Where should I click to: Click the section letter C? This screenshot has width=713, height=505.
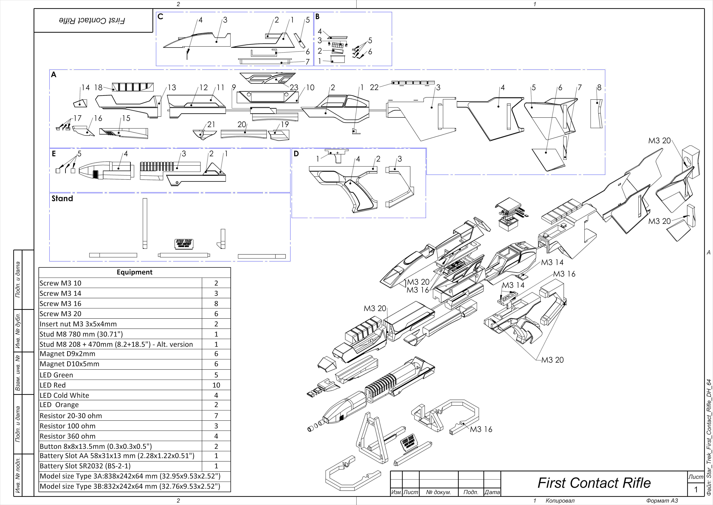[x=160, y=17]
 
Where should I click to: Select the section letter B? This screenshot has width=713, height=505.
[x=317, y=17]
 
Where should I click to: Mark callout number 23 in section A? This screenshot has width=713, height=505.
[x=294, y=88]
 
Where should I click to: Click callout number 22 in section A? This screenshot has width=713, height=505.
[x=374, y=88]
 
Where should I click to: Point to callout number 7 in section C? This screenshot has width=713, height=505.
[x=307, y=62]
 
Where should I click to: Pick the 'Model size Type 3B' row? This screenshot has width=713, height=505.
[x=130, y=486]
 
